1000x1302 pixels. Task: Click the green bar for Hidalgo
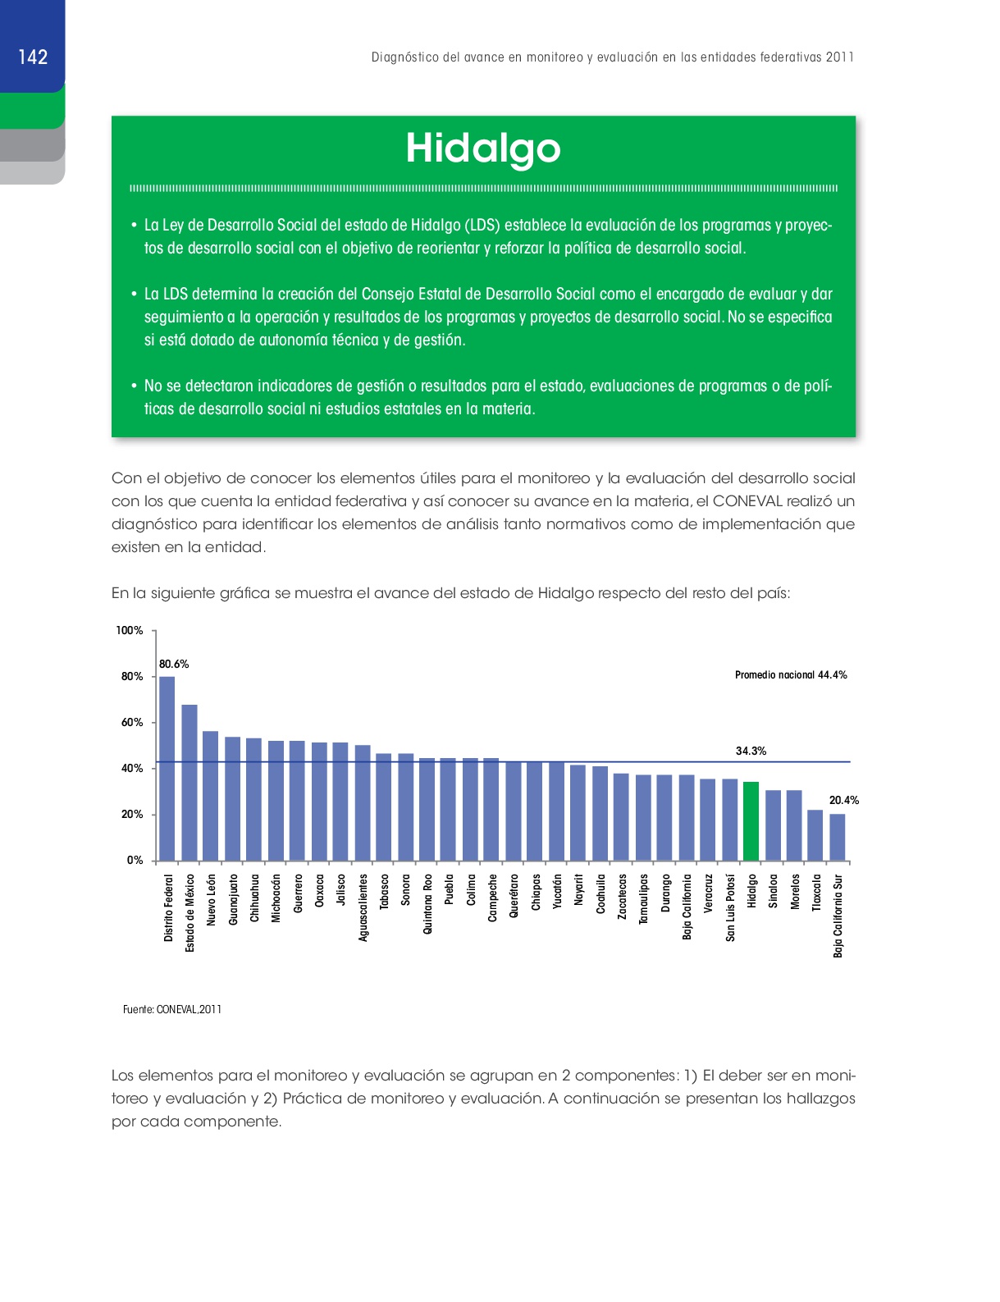(x=751, y=821)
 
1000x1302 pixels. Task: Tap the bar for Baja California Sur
(x=837, y=837)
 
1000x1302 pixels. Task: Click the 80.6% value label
(x=174, y=664)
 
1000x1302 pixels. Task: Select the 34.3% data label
(x=751, y=751)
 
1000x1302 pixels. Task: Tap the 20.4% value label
(x=844, y=800)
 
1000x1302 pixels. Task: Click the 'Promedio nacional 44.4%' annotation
(x=791, y=675)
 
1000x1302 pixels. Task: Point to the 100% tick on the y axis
(x=130, y=630)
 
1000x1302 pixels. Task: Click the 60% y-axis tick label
(x=132, y=722)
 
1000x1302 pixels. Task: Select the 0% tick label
(x=135, y=860)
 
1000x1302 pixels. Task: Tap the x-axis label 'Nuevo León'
(x=211, y=900)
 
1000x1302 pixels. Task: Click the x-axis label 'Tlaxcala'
(x=816, y=892)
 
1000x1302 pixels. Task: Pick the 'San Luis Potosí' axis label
(x=730, y=907)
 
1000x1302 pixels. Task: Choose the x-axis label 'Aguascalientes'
(x=363, y=907)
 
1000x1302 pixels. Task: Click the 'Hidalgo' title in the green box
(x=483, y=148)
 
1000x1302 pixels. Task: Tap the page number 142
(x=33, y=57)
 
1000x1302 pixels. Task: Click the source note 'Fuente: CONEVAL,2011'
(x=172, y=1009)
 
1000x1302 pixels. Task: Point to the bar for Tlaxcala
(x=815, y=835)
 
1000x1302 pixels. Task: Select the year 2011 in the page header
(x=840, y=57)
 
